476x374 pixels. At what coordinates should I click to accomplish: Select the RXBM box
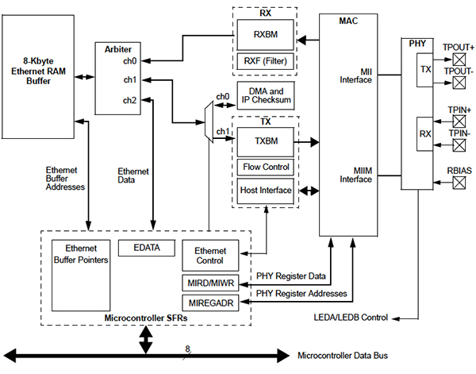pyautogui.click(x=263, y=35)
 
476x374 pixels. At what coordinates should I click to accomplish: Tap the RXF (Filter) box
pyautogui.click(x=263, y=61)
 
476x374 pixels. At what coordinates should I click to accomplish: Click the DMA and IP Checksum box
pyautogui.click(x=264, y=96)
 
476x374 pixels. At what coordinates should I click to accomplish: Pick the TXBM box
pyautogui.click(x=263, y=142)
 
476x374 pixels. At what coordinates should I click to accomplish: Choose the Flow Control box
pyautogui.click(x=264, y=167)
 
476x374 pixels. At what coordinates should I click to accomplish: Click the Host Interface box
pyautogui.click(x=264, y=191)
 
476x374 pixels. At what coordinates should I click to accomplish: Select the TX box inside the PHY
pyautogui.click(x=426, y=71)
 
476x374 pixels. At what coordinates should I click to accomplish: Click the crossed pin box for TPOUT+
pyautogui.click(x=459, y=59)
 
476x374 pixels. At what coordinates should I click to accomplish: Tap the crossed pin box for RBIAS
pyautogui.click(x=459, y=182)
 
